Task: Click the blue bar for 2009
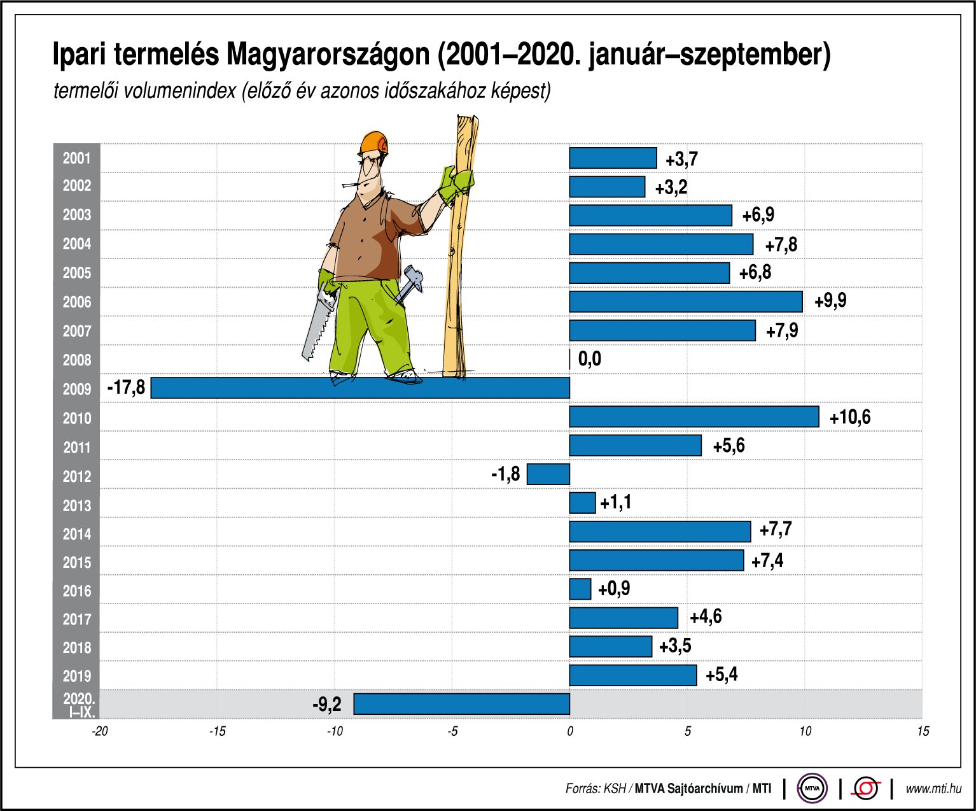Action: tap(360, 388)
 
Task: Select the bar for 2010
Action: tap(694, 416)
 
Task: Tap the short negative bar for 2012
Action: tap(548, 474)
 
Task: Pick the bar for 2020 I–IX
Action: tap(461, 703)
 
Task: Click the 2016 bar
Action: tap(580, 589)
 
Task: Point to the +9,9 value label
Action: tap(830, 300)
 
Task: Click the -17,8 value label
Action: tap(126, 387)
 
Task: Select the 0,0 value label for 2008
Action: tap(589, 359)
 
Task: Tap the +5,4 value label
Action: tap(722, 674)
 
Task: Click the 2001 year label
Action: tap(76, 158)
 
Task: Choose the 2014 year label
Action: tap(76, 534)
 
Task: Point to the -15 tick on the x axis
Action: tap(217, 731)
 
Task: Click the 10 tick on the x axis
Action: tap(805, 731)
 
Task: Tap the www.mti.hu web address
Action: tap(933, 789)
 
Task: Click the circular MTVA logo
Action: tap(812, 789)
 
